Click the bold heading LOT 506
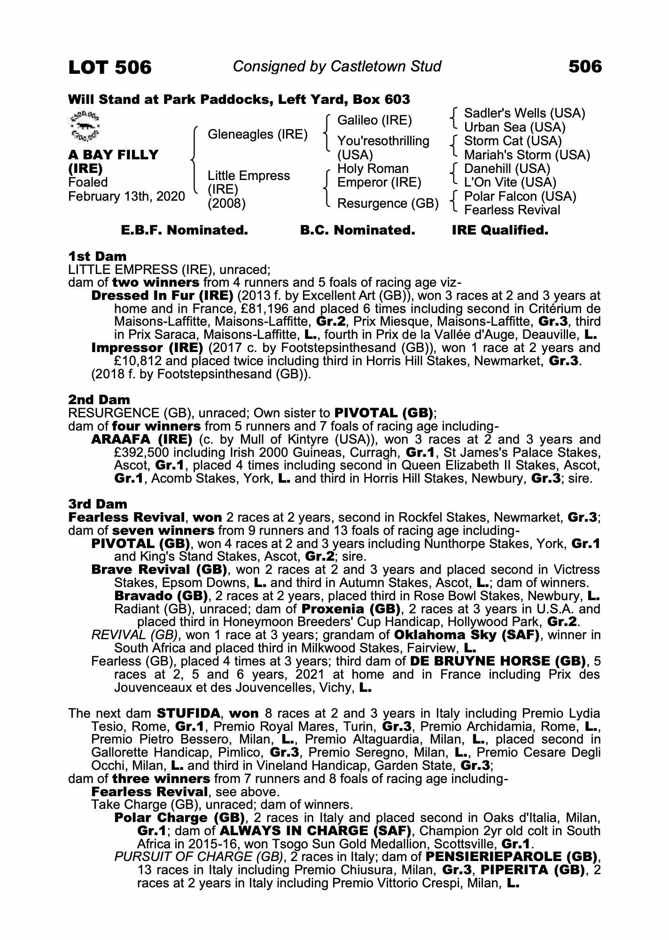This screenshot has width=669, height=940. [x=110, y=68]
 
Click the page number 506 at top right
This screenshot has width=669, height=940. [x=585, y=67]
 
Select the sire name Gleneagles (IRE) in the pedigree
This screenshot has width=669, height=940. [x=257, y=134]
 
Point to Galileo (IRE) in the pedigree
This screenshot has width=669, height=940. [x=374, y=120]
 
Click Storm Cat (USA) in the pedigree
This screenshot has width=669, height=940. [x=513, y=141]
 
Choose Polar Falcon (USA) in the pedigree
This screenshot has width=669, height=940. [x=520, y=196]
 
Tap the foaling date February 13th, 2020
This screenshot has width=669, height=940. [x=126, y=196]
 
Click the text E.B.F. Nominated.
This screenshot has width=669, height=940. [x=184, y=230]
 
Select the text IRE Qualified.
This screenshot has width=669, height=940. [x=500, y=230]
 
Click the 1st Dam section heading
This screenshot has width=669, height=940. [x=97, y=257]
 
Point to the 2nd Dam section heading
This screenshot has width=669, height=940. [x=99, y=400]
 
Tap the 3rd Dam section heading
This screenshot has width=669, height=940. [x=98, y=504]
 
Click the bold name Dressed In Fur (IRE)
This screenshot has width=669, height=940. [x=162, y=296]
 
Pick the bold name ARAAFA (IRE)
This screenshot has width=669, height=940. [x=141, y=439]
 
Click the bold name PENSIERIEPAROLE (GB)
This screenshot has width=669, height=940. [x=511, y=857]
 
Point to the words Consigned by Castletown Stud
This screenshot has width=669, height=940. [x=337, y=67]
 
